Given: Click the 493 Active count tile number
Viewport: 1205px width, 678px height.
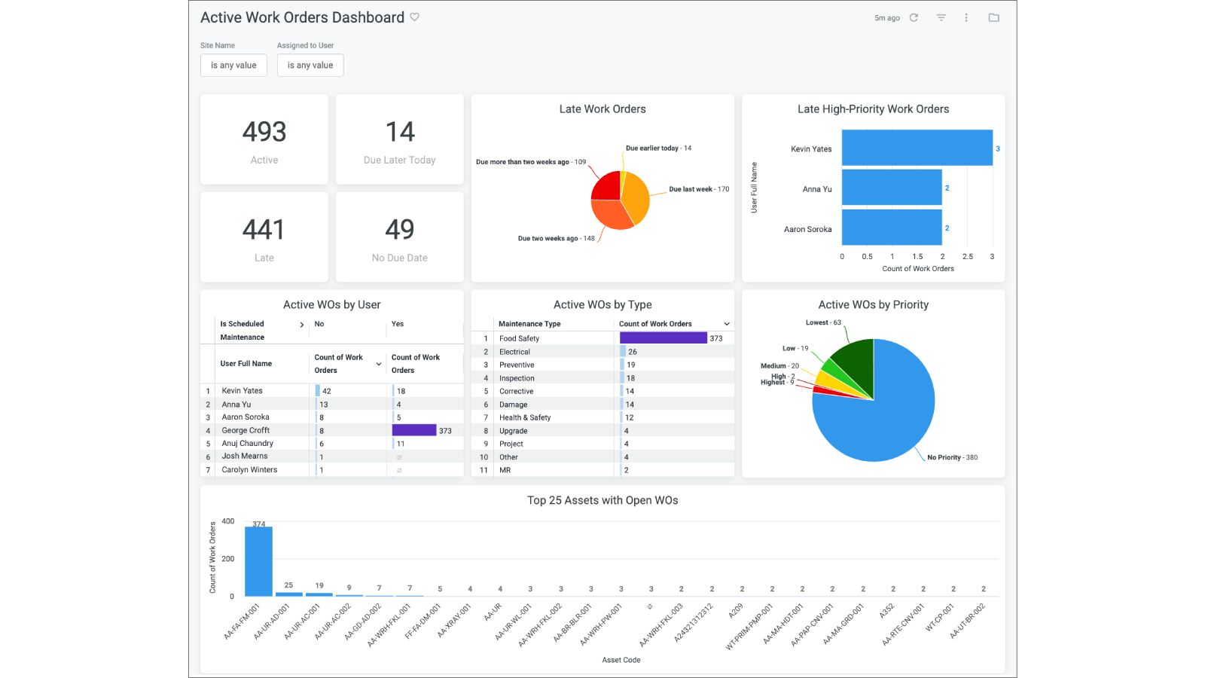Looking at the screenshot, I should coord(264,132).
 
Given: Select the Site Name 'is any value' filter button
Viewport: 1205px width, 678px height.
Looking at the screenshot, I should coord(233,66).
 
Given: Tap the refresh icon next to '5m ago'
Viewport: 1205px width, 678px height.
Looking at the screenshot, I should coord(914,17).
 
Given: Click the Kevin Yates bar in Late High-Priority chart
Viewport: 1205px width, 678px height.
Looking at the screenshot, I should coord(917,148).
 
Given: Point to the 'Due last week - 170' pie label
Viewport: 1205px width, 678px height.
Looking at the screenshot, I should coord(699,189).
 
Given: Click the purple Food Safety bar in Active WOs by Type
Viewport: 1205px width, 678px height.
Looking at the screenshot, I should coord(663,338).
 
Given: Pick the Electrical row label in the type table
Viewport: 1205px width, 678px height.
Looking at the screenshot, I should coord(514,352).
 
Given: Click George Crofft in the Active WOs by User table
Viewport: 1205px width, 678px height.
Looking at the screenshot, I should coord(246,430).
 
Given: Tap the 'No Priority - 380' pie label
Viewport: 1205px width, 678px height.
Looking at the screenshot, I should coord(952,457).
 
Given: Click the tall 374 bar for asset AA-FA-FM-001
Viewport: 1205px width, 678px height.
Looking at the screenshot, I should coord(258,561).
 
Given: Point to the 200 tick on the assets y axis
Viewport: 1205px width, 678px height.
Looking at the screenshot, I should coord(228,559).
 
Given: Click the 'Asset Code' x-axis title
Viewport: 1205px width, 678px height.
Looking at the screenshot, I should coord(621,660).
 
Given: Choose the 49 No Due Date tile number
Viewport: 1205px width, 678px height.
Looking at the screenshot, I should coord(399,229).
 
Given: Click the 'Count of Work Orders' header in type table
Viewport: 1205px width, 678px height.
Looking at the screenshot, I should coord(655,324).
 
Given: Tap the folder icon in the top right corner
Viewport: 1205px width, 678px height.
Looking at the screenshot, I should coord(993,17).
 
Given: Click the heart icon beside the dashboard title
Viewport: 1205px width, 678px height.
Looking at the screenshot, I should coord(414,17).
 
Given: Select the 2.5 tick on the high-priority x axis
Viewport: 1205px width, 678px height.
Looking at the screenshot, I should coord(967,257).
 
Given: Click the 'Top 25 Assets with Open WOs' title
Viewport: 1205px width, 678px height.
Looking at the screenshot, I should coord(602,500).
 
